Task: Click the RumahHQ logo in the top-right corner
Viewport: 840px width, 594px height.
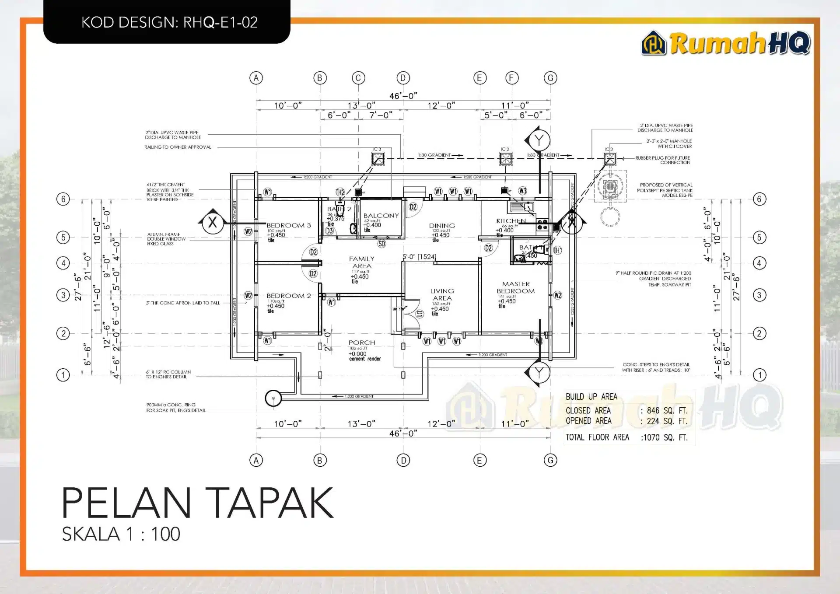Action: click(725, 43)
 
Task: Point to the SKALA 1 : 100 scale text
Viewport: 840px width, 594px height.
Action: click(121, 534)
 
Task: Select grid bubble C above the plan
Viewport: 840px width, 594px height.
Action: click(358, 78)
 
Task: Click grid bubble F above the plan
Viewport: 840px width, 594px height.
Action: click(512, 78)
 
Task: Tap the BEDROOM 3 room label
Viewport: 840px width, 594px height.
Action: click(289, 225)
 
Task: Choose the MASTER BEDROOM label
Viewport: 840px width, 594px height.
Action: click(516, 287)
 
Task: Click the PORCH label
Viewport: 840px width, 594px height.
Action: click(362, 342)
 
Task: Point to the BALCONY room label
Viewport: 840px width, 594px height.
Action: click(381, 216)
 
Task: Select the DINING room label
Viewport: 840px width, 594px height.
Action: click(442, 226)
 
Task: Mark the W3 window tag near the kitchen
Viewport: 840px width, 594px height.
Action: click(523, 191)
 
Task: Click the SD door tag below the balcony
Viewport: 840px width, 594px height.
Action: click(381, 244)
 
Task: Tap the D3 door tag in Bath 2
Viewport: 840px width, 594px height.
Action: click(329, 231)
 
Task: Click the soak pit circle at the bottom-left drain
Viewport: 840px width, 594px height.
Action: click(273, 398)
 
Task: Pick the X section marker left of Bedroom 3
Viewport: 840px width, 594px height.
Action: click(213, 223)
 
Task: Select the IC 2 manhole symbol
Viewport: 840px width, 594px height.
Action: click(506, 158)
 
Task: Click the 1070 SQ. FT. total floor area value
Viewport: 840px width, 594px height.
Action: click(665, 437)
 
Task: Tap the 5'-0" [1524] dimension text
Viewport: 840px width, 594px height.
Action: click(419, 257)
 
